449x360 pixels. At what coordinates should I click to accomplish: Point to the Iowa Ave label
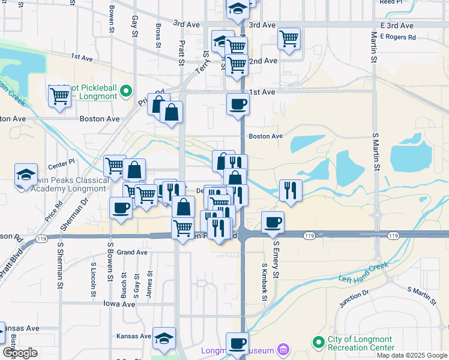point(120,304)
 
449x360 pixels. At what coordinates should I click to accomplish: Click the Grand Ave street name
point(132,253)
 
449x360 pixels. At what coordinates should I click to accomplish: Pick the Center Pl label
point(61,162)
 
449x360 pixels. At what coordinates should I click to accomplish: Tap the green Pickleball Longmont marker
point(125,91)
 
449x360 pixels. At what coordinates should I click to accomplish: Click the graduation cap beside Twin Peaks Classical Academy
point(26,174)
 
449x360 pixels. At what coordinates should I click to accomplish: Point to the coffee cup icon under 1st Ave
point(238,104)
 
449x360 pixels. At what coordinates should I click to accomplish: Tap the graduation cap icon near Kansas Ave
point(163,338)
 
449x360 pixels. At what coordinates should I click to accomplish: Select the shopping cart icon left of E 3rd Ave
point(289,39)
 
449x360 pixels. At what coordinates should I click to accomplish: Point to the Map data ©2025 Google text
point(411,355)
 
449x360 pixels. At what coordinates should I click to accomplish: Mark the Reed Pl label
point(391,2)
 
